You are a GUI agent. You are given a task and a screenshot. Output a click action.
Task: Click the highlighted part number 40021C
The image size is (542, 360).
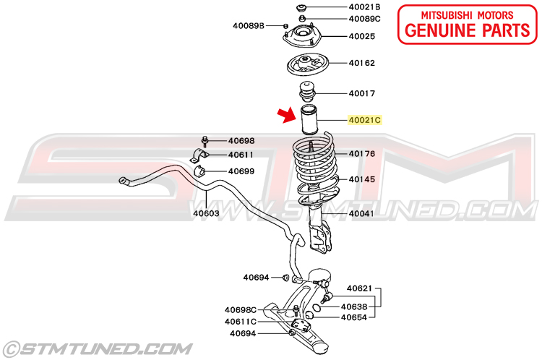click(365, 120)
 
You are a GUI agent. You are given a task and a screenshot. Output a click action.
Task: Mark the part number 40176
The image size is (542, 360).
click(361, 153)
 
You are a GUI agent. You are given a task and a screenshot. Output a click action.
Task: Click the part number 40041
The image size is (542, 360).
click(361, 213)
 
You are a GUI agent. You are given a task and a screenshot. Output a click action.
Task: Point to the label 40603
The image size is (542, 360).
click(205, 213)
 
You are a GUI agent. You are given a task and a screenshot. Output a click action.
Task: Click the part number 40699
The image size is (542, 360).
click(241, 171)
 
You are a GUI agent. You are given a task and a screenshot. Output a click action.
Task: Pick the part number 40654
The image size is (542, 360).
click(353, 317)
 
